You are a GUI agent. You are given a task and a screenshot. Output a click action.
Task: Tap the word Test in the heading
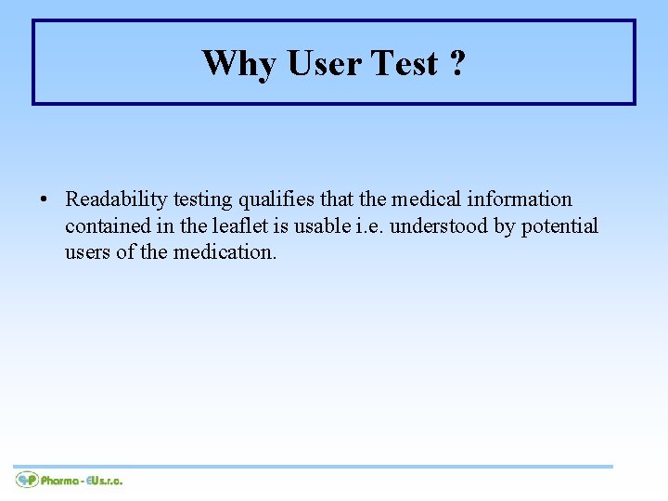point(405,63)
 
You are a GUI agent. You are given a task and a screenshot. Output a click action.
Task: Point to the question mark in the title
point(457,63)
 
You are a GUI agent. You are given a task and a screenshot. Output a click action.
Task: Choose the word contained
point(103,225)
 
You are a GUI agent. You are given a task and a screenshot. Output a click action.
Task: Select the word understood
point(433,225)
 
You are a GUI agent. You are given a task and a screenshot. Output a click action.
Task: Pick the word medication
point(225,251)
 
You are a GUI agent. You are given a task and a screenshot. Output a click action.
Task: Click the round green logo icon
point(26,480)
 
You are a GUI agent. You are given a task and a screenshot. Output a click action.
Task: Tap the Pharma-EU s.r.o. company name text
point(82,481)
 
